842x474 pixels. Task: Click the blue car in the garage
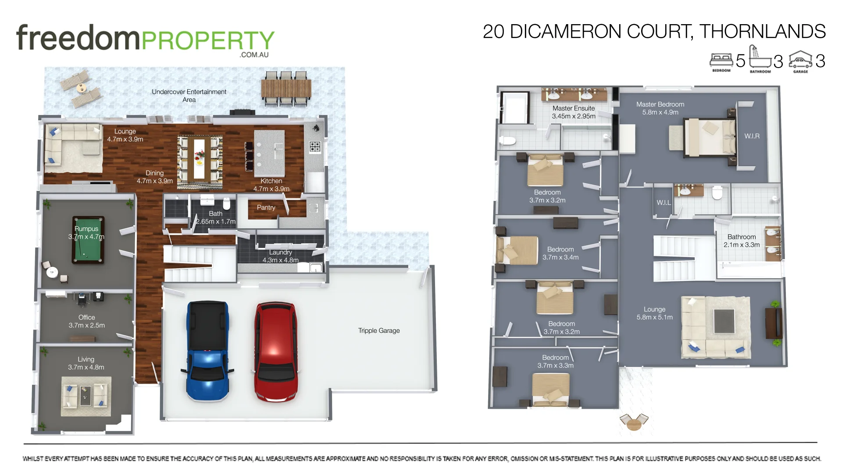click(x=207, y=351)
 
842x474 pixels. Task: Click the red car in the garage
click(x=275, y=351)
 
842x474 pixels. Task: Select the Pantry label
click(x=266, y=208)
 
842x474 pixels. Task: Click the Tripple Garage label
click(x=379, y=330)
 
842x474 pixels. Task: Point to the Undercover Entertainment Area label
click(x=189, y=96)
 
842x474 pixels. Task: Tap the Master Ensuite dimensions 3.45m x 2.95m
click(x=574, y=116)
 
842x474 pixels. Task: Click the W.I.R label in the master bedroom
click(x=752, y=136)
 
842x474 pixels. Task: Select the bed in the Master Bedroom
click(x=709, y=137)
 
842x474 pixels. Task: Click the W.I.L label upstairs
click(x=664, y=202)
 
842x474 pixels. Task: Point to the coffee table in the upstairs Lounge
click(x=724, y=321)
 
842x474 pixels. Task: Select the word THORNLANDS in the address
click(x=762, y=32)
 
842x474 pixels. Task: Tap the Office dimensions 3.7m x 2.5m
click(x=86, y=325)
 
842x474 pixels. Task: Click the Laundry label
click(x=280, y=252)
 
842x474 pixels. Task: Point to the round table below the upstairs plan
click(x=634, y=424)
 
